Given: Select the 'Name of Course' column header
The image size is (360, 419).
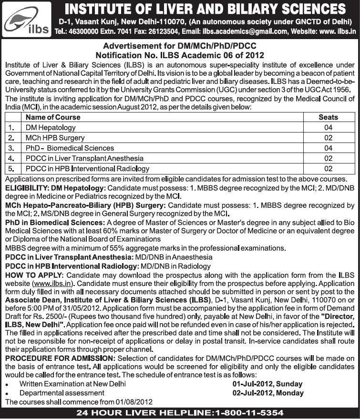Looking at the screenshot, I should (x=53, y=117).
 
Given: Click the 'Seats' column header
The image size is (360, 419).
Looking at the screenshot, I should (x=328, y=117).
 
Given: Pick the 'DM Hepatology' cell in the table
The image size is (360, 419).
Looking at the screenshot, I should (x=51, y=128).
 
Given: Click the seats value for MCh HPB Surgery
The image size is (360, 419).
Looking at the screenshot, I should (x=328, y=138).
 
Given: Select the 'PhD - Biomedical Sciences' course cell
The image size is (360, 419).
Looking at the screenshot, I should (x=70, y=148).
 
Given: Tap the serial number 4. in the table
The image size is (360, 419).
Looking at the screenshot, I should (x=11, y=158).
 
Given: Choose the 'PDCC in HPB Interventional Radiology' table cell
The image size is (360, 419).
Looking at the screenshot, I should (x=88, y=169).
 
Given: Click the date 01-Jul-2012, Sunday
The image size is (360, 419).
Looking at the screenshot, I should (x=267, y=384).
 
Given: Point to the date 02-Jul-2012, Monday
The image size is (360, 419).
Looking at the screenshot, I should (x=268, y=393).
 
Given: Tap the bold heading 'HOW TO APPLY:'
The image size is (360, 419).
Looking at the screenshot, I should (x=34, y=276).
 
